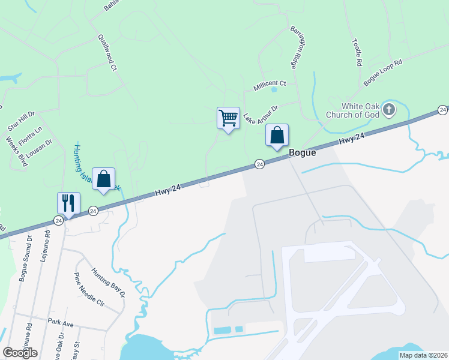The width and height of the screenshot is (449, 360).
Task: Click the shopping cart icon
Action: [228, 118]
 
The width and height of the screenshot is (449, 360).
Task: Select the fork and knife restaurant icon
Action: [68, 203]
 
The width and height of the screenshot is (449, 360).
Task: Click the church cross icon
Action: [389, 110]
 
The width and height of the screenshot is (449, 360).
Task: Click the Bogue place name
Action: [303, 152]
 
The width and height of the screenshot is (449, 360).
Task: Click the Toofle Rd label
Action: [357, 52]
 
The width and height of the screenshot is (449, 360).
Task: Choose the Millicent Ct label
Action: [270, 83]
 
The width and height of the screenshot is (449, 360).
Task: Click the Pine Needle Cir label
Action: [88, 290]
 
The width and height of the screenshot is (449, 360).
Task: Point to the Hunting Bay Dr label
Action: [108, 283]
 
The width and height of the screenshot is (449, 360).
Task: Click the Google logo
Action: [20, 353]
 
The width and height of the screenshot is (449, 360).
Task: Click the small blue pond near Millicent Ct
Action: [274, 90]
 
